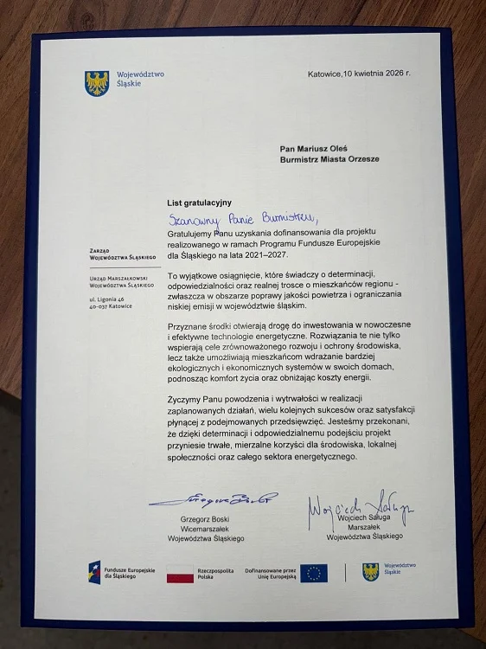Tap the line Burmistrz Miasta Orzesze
click(x=329, y=159)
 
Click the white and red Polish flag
click(x=179, y=572)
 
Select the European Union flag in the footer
click(x=313, y=573)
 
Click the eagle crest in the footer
click(x=370, y=572)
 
